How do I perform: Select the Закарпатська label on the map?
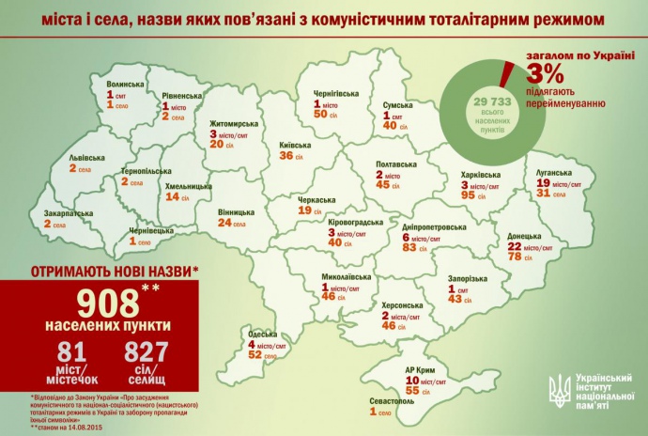point(66,213)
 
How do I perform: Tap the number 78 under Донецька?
point(516,257)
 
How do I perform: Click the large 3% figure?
point(548,72)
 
